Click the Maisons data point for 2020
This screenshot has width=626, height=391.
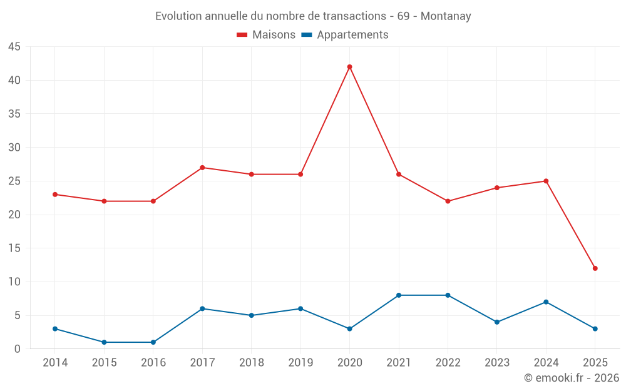[349, 67]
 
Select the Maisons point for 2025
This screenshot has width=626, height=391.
[595, 268]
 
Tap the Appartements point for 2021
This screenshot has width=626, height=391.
[399, 295]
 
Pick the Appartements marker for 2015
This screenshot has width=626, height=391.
[104, 342]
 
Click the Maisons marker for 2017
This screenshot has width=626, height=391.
[202, 168]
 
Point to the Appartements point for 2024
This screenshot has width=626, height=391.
[546, 302]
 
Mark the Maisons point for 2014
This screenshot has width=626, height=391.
[55, 195]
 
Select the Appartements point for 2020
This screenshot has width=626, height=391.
[349, 328]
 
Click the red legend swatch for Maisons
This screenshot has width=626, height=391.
[242, 35]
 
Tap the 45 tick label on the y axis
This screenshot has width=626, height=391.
[14, 47]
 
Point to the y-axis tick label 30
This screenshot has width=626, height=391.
[14, 148]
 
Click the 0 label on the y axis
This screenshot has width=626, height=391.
[18, 349]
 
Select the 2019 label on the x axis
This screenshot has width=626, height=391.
[300, 363]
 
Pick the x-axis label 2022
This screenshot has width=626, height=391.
[448, 363]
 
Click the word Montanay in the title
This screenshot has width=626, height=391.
[446, 16]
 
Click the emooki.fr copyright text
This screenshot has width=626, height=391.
[572, 378]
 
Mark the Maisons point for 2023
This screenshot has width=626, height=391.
[497, 188]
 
